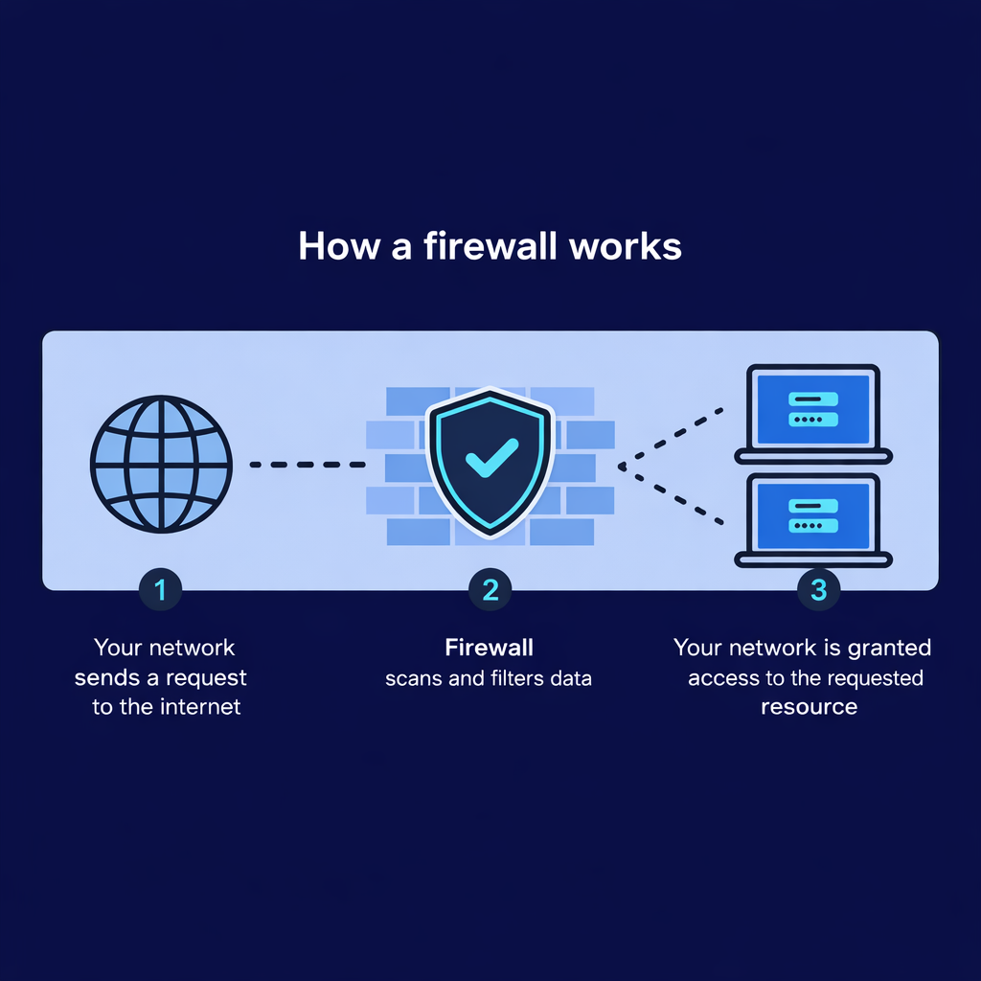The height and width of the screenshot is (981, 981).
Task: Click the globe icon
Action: pyautogui.click(x=161, y=465)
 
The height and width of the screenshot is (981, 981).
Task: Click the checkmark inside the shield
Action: pyautogui.click(x=490, y=458)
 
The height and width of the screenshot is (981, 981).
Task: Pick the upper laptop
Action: pyautogui.click(x=812, y=413)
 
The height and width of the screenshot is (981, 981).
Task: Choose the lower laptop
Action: pyautogui.click(x=812, y=521)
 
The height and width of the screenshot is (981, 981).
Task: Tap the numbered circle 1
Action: pyautogui.click(x=161, y=590)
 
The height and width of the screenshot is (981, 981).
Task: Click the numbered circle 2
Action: pyautogui.click(x=490, y=590)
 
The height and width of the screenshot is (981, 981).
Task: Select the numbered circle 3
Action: pyautogui.click(x=818, y=590)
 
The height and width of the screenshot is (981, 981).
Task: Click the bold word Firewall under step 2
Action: pyautogui.click(x=489, y=649)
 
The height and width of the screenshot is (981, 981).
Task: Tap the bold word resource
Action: pyautogui.click(x=809, y=707)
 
